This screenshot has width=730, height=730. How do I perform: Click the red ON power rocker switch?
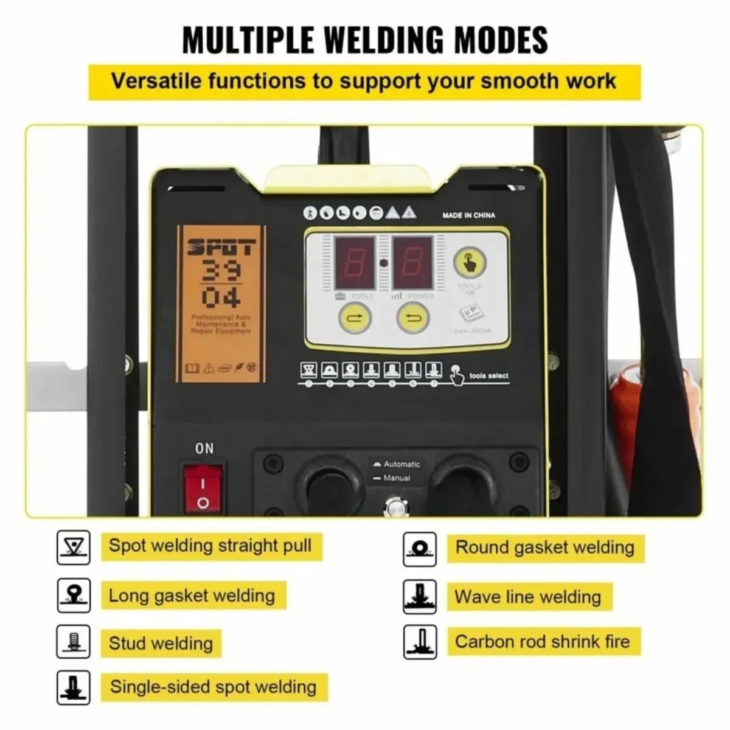pyautogui.click(x=203, y=486)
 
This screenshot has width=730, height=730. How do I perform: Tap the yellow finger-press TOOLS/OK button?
pyautogui.click(x=470, y=263)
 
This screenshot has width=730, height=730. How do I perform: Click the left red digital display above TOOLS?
pyautogui.click(x=354, y=263)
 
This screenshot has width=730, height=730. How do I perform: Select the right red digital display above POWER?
pyautogui.click(x=412, y=263)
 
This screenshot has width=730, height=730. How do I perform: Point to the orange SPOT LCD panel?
pyautogui.click(x=221, y=304)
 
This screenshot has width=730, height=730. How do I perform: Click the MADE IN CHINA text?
pyautogui.click(x=468, y=215)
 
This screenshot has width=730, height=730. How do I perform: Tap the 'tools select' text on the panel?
pyautogui.click(x=488, y=376)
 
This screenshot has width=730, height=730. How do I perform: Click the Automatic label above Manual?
pyautogui.click(x=401, y=464)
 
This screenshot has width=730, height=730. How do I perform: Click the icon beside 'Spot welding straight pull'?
pyautogui.click(x=73, y=546)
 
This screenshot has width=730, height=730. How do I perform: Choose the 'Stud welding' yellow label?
pyautogui.click(x=161, y=643)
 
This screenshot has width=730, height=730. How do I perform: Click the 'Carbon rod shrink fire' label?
pyautogui.click(x=542, y=641)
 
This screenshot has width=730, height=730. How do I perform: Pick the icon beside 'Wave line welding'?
pyautogui.click(x=420, y=597)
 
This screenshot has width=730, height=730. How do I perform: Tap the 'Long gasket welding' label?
pyautogui.click(x=192, y=596)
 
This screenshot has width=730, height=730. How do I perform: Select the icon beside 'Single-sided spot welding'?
pyautogui.click(x=73, y=687)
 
